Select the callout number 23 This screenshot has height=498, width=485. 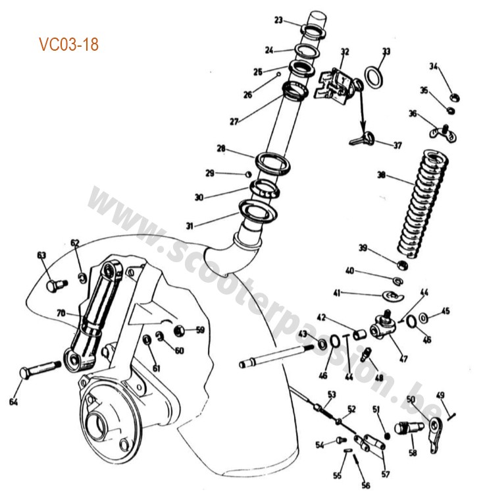click(x=279, y=20)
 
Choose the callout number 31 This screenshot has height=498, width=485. click(x=190, y=226)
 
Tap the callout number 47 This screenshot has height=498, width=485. click(x=403, y=359)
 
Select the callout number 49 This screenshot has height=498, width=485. click(x=441, y=395)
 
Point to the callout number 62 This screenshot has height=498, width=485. click(x=74, y=243)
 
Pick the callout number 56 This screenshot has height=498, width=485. click(x=366, y=485)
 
